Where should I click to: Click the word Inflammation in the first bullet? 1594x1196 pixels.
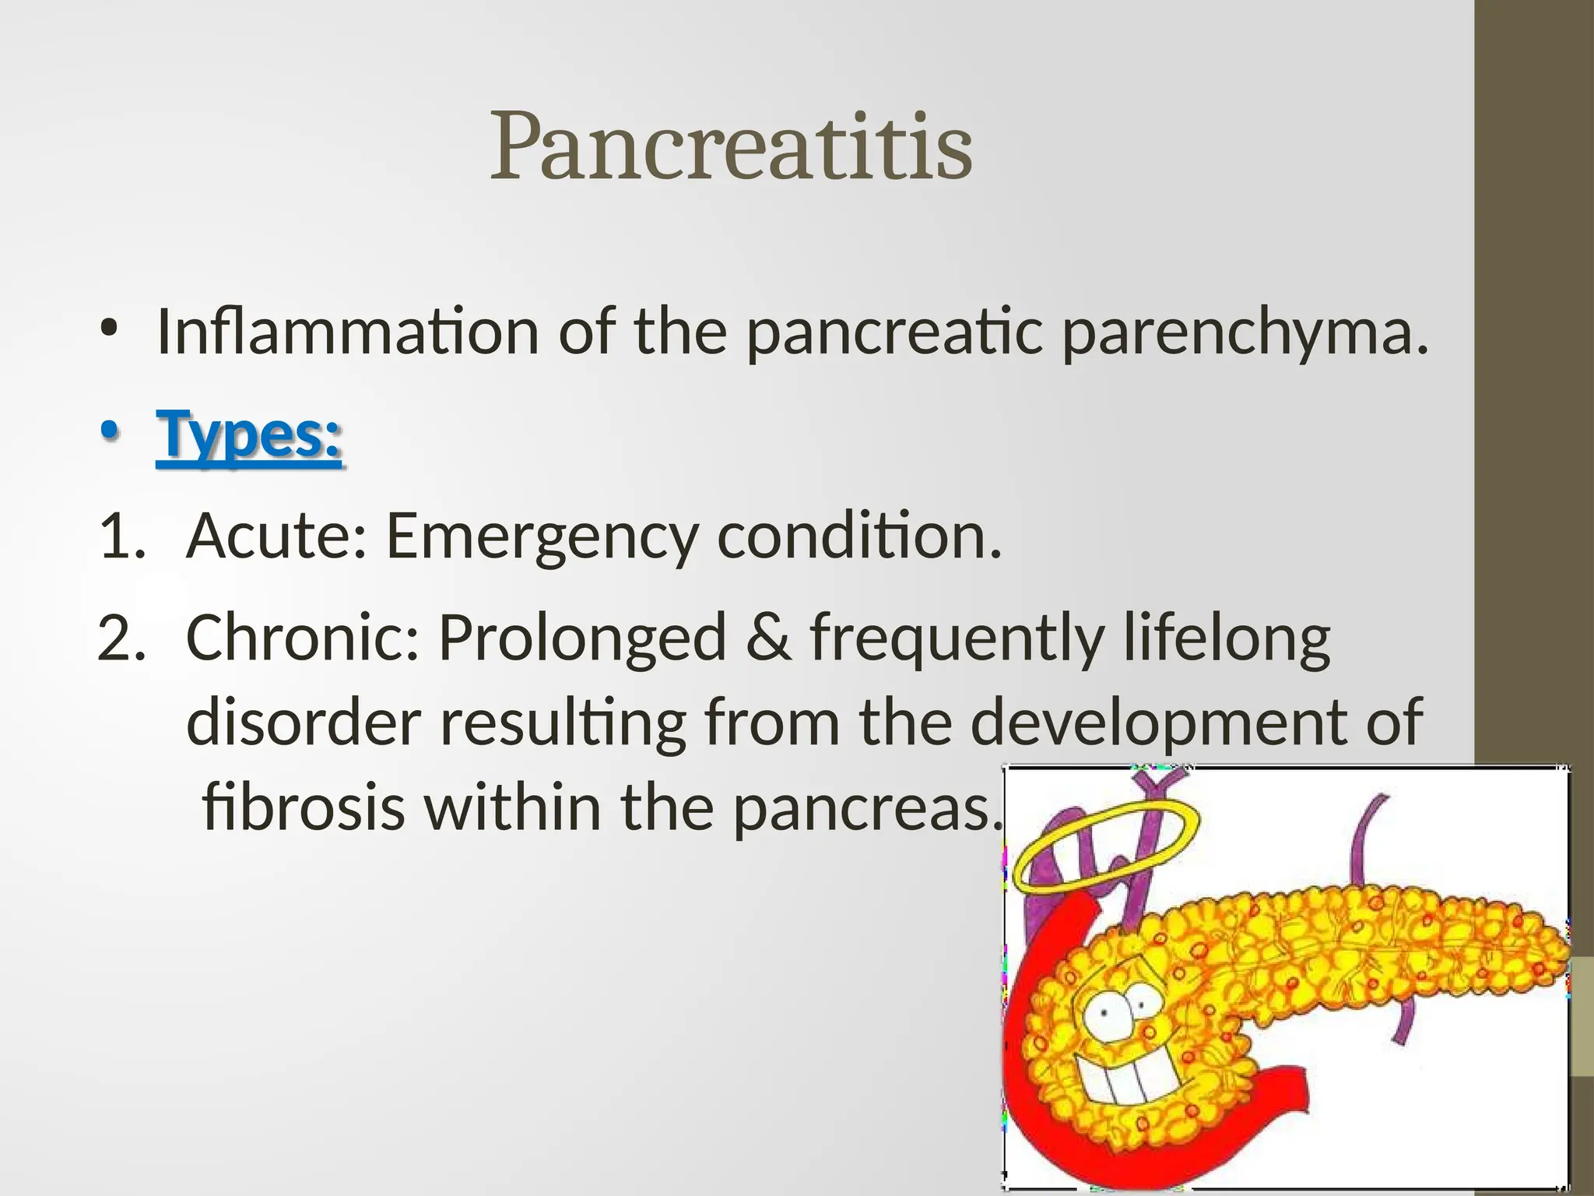[347, 332]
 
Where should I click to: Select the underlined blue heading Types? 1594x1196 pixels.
[249, 436]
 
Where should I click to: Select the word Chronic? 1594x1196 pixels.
[304, 638]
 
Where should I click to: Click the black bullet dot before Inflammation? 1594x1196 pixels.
[110, 328]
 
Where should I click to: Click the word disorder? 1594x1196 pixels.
[304, 723]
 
